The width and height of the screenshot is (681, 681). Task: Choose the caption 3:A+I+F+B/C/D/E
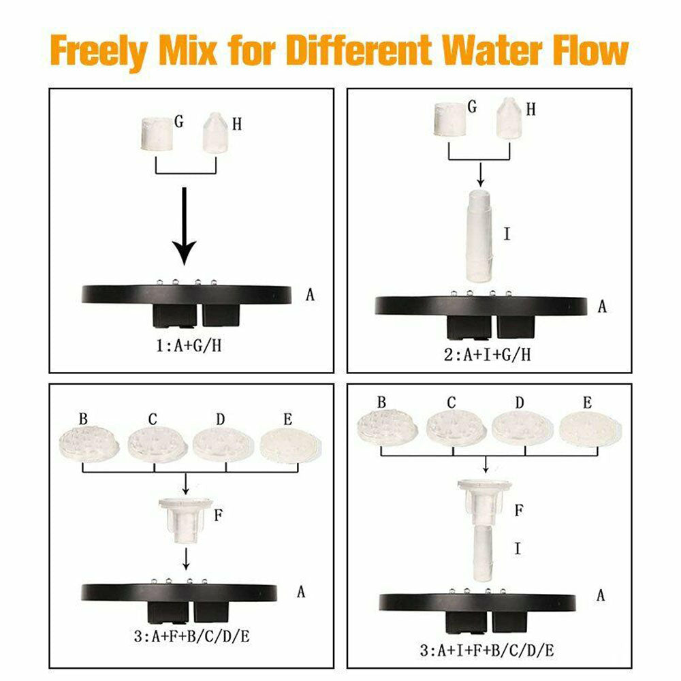click(486, 650)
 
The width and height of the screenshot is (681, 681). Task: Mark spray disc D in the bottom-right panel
click(519, 427)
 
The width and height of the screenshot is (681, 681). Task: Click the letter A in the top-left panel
click(311, 295)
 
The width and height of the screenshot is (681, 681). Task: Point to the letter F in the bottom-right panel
click(519, 509)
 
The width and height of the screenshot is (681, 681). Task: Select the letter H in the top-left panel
click(236, 124)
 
